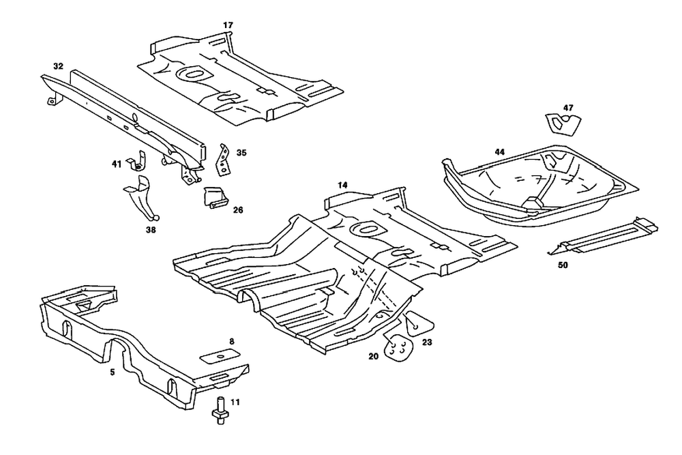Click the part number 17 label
click(228, 25)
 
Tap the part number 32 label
click(58, 66)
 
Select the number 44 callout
click(500, 151)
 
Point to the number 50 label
click(563, 265)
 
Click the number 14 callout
click(342, 186)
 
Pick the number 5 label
click(112, 372)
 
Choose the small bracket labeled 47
click(563, 125)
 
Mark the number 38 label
click(151, 231)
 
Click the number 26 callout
click(238, 210)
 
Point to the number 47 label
click(568, 108)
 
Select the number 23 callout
click(427, 344)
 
